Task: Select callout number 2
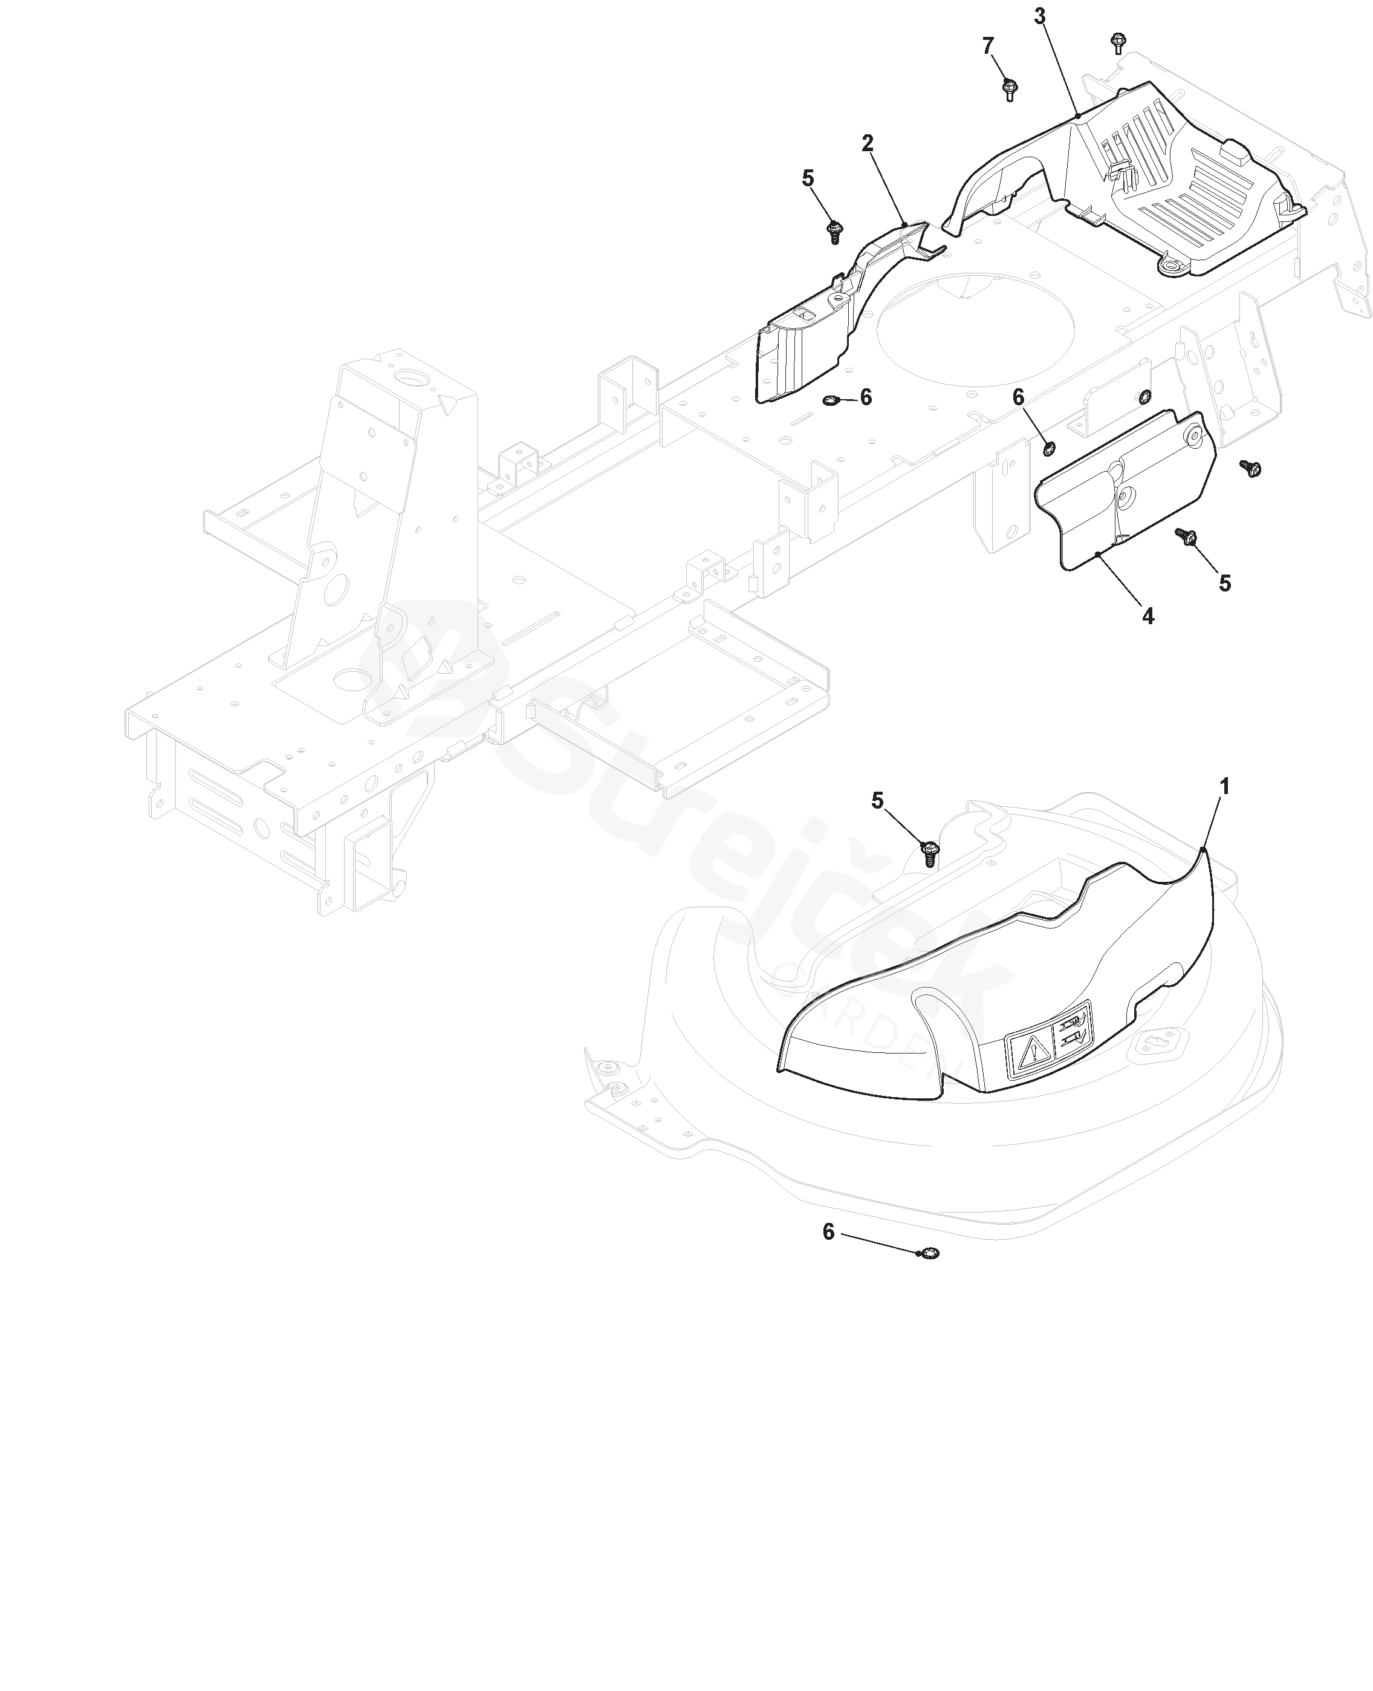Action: point(868,143)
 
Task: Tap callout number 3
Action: point(1039,16)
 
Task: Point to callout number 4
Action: point(1147,616)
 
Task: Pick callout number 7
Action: point(988,47)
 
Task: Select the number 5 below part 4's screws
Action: point(1224,583)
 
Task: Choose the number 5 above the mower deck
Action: point(877,801)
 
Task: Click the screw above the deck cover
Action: point(930,853)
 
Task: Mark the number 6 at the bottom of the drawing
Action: point(828,1231)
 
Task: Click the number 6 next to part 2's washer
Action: point(866,397)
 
